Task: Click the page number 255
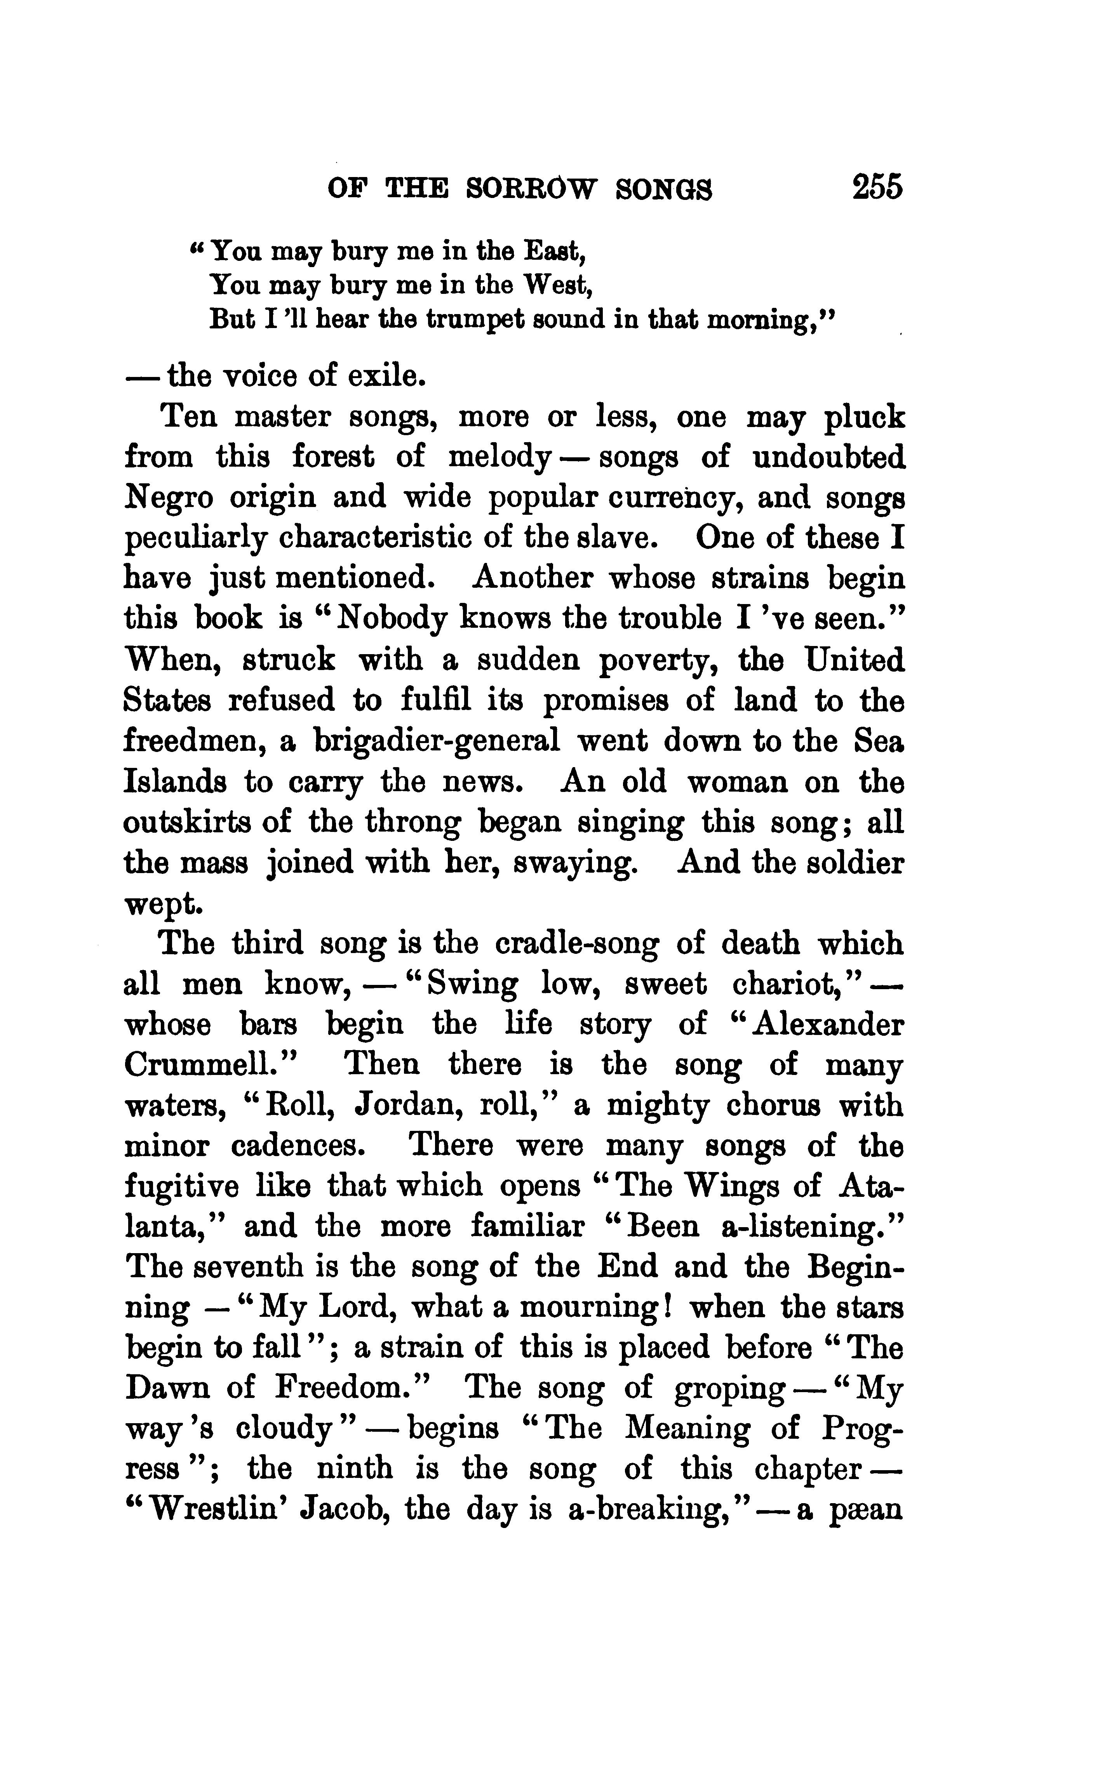(877, 187)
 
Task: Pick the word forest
(333, 458)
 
